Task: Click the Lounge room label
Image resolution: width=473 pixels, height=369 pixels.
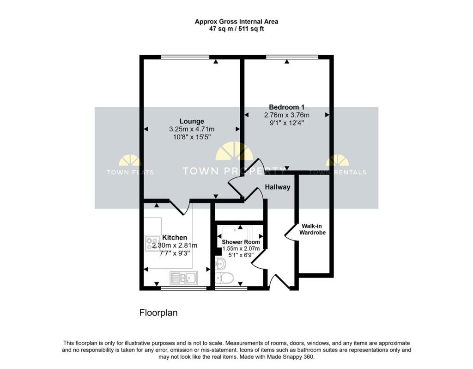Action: [x=192, y=122]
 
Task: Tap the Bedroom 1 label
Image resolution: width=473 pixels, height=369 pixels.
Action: [x=286, y=107]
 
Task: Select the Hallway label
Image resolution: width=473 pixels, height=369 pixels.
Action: [x=278, y=187]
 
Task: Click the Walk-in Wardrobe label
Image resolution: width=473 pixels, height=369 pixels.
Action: [x=312, y=229]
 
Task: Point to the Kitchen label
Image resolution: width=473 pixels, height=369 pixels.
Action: [x=175, y=238]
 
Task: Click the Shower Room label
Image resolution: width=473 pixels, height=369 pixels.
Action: [x=241, y=242]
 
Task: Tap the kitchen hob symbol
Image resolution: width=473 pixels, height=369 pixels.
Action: [x=152, y=244]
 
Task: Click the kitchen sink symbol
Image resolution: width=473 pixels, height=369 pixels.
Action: [x=184, y=278]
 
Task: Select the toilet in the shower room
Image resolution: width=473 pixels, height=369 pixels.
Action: [x=225, y=278]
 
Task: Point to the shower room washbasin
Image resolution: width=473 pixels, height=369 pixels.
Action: [x=220, y=264]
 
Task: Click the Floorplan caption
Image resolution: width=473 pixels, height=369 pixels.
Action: [x=158, y=313]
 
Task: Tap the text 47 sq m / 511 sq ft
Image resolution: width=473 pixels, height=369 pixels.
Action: [x=236, y=29]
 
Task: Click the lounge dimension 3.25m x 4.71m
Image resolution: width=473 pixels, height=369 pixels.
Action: [x=192, y=129]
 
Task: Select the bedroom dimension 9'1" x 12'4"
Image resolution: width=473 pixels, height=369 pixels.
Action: [x=286, y=123]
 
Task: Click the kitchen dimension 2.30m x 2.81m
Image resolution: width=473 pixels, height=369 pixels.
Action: [x=175, y=246]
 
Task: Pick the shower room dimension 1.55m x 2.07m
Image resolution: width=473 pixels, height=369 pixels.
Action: [x=241, y=249]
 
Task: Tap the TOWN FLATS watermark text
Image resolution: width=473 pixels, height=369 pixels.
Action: [x=130, y=172]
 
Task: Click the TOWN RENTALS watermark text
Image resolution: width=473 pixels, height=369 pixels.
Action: [x=338, y=172]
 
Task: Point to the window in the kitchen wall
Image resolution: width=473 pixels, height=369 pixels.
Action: [x=184, y=289]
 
